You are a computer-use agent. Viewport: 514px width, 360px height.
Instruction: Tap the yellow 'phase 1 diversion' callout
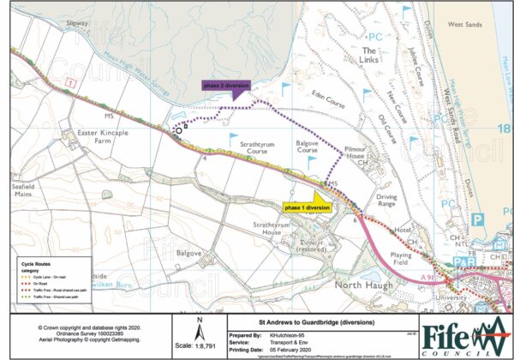[x=307, y=208]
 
